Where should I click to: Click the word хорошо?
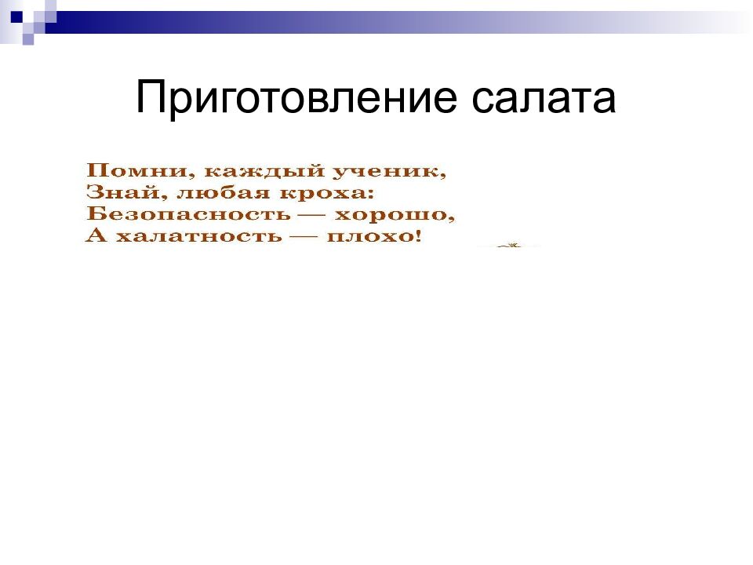coord(399,213)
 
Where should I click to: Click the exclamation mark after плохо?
coord(417,235)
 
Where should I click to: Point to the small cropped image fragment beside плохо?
coord(509,246)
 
